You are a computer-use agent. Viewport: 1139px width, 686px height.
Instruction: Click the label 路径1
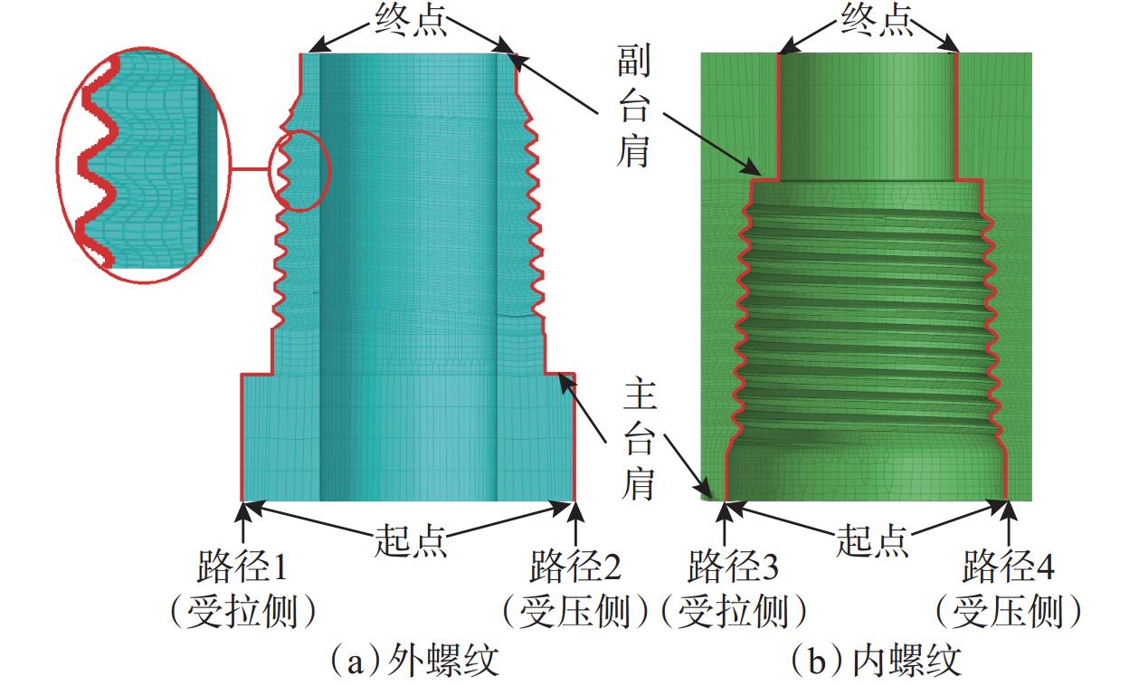pos(242,568)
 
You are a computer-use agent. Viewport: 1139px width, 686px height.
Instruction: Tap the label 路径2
pos(575,568)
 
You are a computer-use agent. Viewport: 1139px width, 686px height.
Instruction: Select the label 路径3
pos(733,568)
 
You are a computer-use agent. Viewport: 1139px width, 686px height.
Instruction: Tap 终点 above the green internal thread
pos(875,20)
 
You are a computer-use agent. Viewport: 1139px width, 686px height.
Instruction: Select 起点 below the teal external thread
pos(410,540)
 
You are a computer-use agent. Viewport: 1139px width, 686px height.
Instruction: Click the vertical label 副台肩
pos(632,109)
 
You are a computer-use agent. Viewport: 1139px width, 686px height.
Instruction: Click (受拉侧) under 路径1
pos(242,613)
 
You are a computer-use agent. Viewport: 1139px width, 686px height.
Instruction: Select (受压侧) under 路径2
pos(575,613)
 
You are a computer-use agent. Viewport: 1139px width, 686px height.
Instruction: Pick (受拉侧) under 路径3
pos(733,613)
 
